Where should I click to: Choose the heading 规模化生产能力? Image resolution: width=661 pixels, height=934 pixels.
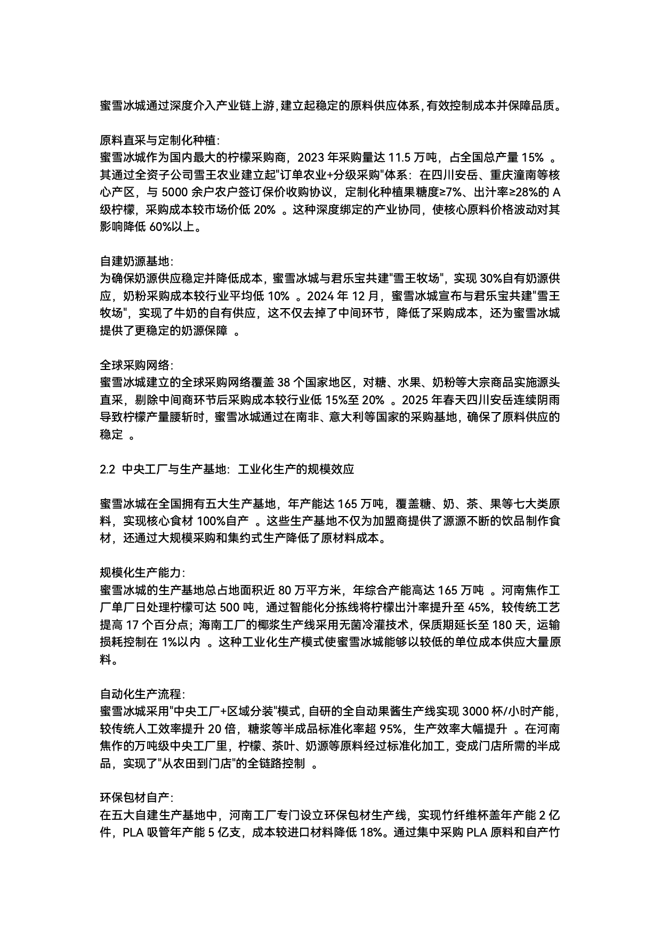[x=142, y=573]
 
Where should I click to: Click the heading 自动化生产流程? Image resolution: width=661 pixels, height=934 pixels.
[x=142, y=695]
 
